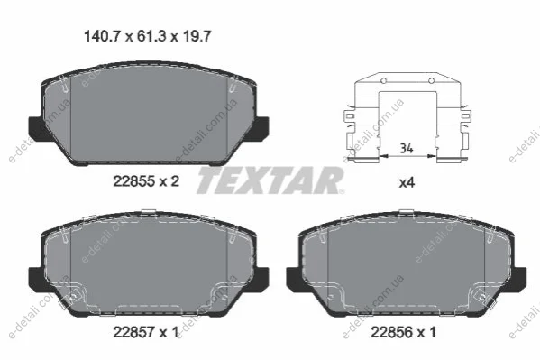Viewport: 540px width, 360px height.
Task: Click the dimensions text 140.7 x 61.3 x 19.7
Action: point(148,36)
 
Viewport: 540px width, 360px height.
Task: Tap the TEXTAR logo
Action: point(270,180)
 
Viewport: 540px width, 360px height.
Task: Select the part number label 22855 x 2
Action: point(146,181)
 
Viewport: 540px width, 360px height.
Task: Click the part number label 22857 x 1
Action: point(146,332)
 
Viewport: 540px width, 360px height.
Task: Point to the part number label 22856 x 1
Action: point(403,332)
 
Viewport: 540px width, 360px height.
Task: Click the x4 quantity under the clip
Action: point(407,182)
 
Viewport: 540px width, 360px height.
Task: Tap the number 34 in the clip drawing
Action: point(407,148)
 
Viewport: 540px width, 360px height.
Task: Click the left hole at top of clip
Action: point(383,81)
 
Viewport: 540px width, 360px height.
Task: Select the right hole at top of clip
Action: point(431,81)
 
